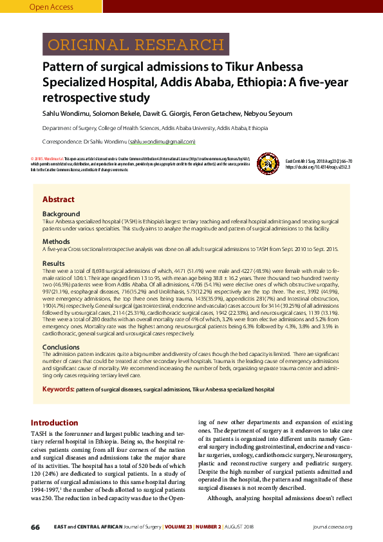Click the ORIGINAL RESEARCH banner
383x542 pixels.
(135, 45)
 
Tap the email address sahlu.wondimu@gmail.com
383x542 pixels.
(162, 142)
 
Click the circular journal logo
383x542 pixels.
(265, 162)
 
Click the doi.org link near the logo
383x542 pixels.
(318, 166)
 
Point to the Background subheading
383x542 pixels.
(61, 214)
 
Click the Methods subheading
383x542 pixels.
(56, 241)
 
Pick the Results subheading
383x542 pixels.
(53, 264)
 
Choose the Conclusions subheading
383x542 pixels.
(61, 347)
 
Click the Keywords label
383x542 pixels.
(58, 389)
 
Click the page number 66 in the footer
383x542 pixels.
(35, 527)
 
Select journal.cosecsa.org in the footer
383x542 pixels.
(332, 527)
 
